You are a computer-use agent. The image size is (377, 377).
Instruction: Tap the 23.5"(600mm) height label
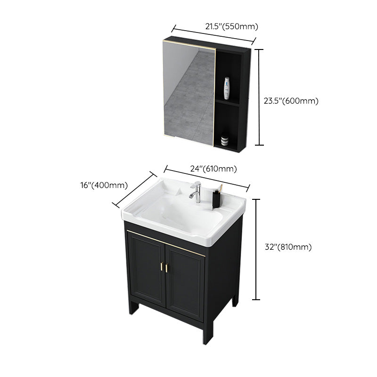click(x=291, y=100)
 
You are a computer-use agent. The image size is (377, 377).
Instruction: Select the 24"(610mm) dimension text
click(x=213, y=169)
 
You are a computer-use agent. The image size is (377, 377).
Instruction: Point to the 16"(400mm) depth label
click(x=105, y=185)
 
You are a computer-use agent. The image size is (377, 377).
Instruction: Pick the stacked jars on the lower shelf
click(x=225, y=139)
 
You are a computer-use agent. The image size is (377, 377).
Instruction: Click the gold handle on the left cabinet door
click(x=162, y=266)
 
